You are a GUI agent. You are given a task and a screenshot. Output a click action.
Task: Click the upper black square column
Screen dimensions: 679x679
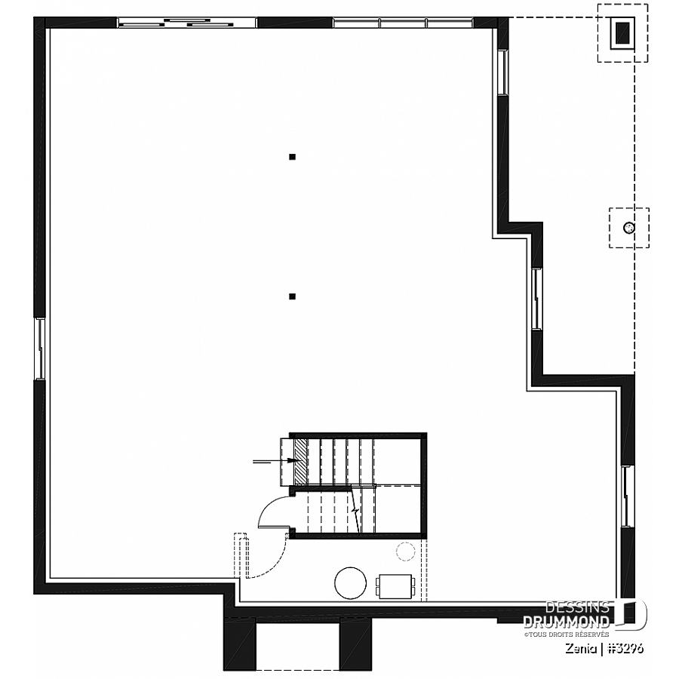click(292, 157)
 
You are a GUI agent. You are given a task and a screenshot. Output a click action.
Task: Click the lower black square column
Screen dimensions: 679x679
click(292, 296)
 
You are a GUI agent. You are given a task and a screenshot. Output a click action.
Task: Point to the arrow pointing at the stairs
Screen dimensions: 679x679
click(275, 462)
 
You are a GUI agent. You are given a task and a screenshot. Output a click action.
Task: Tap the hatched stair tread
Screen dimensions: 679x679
click(300, 462)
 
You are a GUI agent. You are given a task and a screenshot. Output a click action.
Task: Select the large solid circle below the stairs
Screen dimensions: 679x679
click(350, 583)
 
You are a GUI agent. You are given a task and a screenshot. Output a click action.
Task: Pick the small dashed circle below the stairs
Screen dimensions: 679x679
click(405, 551)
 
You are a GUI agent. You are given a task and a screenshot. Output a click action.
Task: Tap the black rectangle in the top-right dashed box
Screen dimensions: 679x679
click(622, 32)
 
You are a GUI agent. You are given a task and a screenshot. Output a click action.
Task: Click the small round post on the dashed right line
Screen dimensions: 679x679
click(628, 227)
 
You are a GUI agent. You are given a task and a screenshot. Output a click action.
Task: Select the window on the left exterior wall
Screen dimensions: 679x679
click(40, 349)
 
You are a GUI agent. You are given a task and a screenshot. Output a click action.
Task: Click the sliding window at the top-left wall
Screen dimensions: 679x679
click(187, 23)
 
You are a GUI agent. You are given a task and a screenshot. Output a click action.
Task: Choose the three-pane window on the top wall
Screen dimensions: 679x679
click(403, 23)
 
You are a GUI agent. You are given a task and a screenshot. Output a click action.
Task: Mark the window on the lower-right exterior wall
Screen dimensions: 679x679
click(627, 496)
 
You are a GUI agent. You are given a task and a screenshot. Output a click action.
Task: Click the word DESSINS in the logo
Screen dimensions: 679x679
click(577, 607)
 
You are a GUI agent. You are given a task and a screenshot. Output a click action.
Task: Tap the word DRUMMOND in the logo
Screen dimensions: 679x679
click(567, 622)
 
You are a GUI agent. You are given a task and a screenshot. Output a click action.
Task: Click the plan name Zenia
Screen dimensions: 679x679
click(579, 648)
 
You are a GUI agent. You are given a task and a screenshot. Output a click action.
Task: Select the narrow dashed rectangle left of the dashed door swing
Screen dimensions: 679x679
click(241, 555)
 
